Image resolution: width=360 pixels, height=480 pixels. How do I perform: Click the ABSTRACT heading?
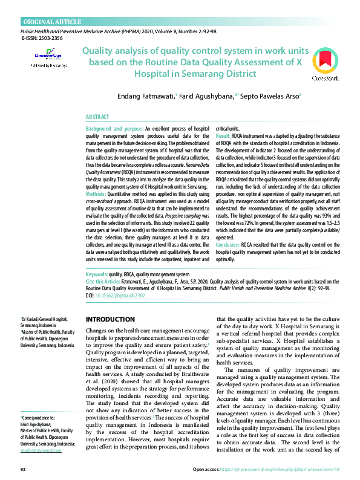pyautogui.click(x=97, y=116)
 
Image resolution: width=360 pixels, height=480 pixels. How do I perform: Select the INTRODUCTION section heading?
pyautogui.click(x=110, y=319)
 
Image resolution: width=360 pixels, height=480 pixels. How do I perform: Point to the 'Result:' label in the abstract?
pyautogui.click(x=223, y=137)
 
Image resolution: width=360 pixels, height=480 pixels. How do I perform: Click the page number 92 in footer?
pyautogui.click(x=23, y=469)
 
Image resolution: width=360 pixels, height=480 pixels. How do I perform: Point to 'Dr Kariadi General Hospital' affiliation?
pyautogui.click(x=44, y=319)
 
